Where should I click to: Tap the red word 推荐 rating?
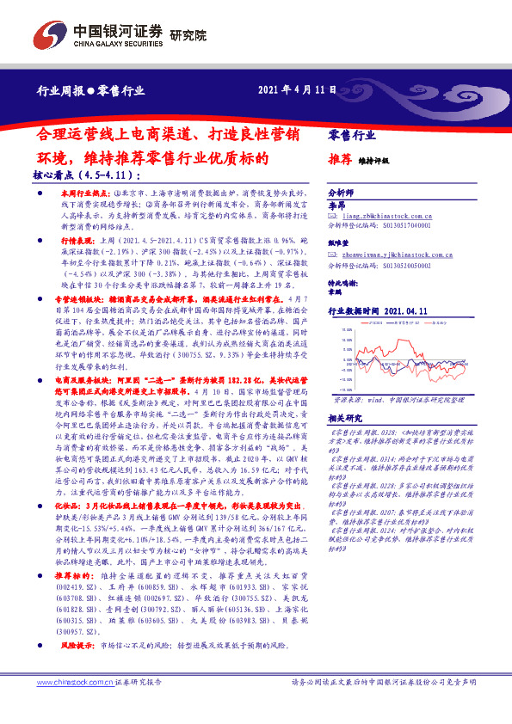[340, 160]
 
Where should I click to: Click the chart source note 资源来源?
[349, 399]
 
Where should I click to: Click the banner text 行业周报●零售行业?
[89, 90]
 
